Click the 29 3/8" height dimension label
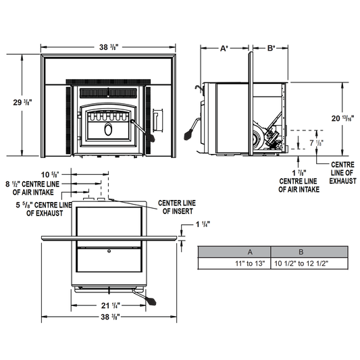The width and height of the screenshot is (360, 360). pyautogui.click(x=22, y=103)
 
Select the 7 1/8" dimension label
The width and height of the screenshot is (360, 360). pyautogui.click(x=316, y=143)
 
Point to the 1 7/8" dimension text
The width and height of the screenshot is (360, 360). pyautogui.click(x=299, y=173)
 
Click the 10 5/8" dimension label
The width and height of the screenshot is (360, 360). pyautogui.click(x=51, y=175)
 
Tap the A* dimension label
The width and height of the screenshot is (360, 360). pyautogui.click(x=224, y=49)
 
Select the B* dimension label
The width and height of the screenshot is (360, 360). pyautogui.click(x=271, y=48)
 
